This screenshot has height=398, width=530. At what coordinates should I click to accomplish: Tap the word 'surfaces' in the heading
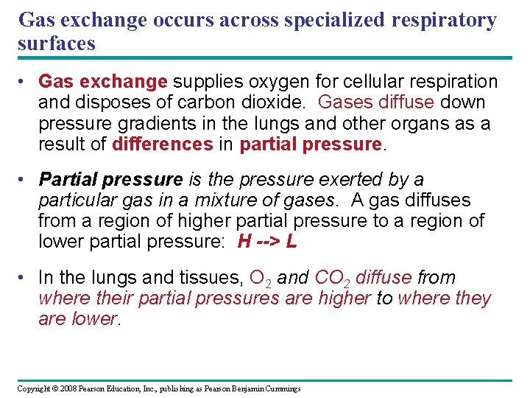(57, 43)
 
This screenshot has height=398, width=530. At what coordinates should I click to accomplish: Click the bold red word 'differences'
(162, 144)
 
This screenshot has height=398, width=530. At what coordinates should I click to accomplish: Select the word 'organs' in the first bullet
(420, 123)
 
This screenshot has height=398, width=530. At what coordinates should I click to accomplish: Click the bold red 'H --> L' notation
(267, 242)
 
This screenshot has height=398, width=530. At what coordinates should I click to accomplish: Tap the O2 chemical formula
(262, 279)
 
